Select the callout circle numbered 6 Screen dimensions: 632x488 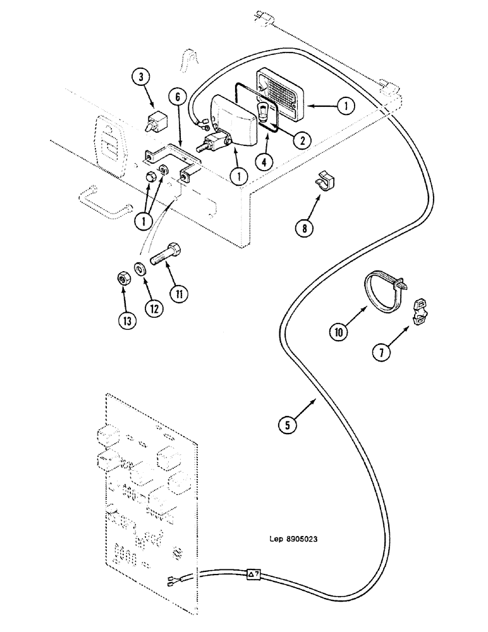pos(178,97)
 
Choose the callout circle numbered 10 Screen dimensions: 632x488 pos(339,331)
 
